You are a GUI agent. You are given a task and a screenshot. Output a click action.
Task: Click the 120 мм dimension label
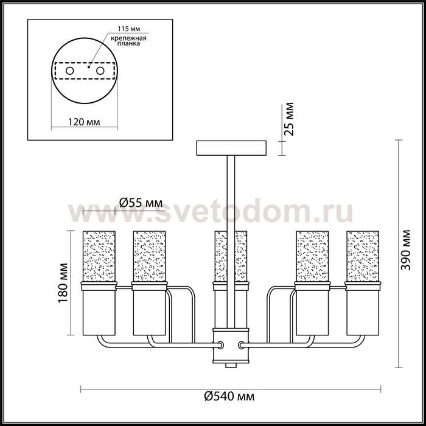[x=84, y=122]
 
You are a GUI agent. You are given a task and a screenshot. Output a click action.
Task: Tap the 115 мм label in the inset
[x=128, y=29]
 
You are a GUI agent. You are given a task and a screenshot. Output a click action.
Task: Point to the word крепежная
[x=128, y=38]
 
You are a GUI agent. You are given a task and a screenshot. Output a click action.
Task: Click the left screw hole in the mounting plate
[x=70, y=71]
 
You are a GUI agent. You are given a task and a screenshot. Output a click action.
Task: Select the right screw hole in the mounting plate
[x=100, y=71]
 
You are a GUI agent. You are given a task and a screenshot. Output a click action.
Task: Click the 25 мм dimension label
[x=288, y=119]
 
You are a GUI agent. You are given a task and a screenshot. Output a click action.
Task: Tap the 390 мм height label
[x=406, y=250]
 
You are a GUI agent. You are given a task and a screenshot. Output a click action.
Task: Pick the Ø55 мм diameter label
[x=141, y=203]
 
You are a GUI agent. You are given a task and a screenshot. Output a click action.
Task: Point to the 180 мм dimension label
[x=63, y=283]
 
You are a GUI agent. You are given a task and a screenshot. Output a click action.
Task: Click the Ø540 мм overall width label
[x=229, y=396]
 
